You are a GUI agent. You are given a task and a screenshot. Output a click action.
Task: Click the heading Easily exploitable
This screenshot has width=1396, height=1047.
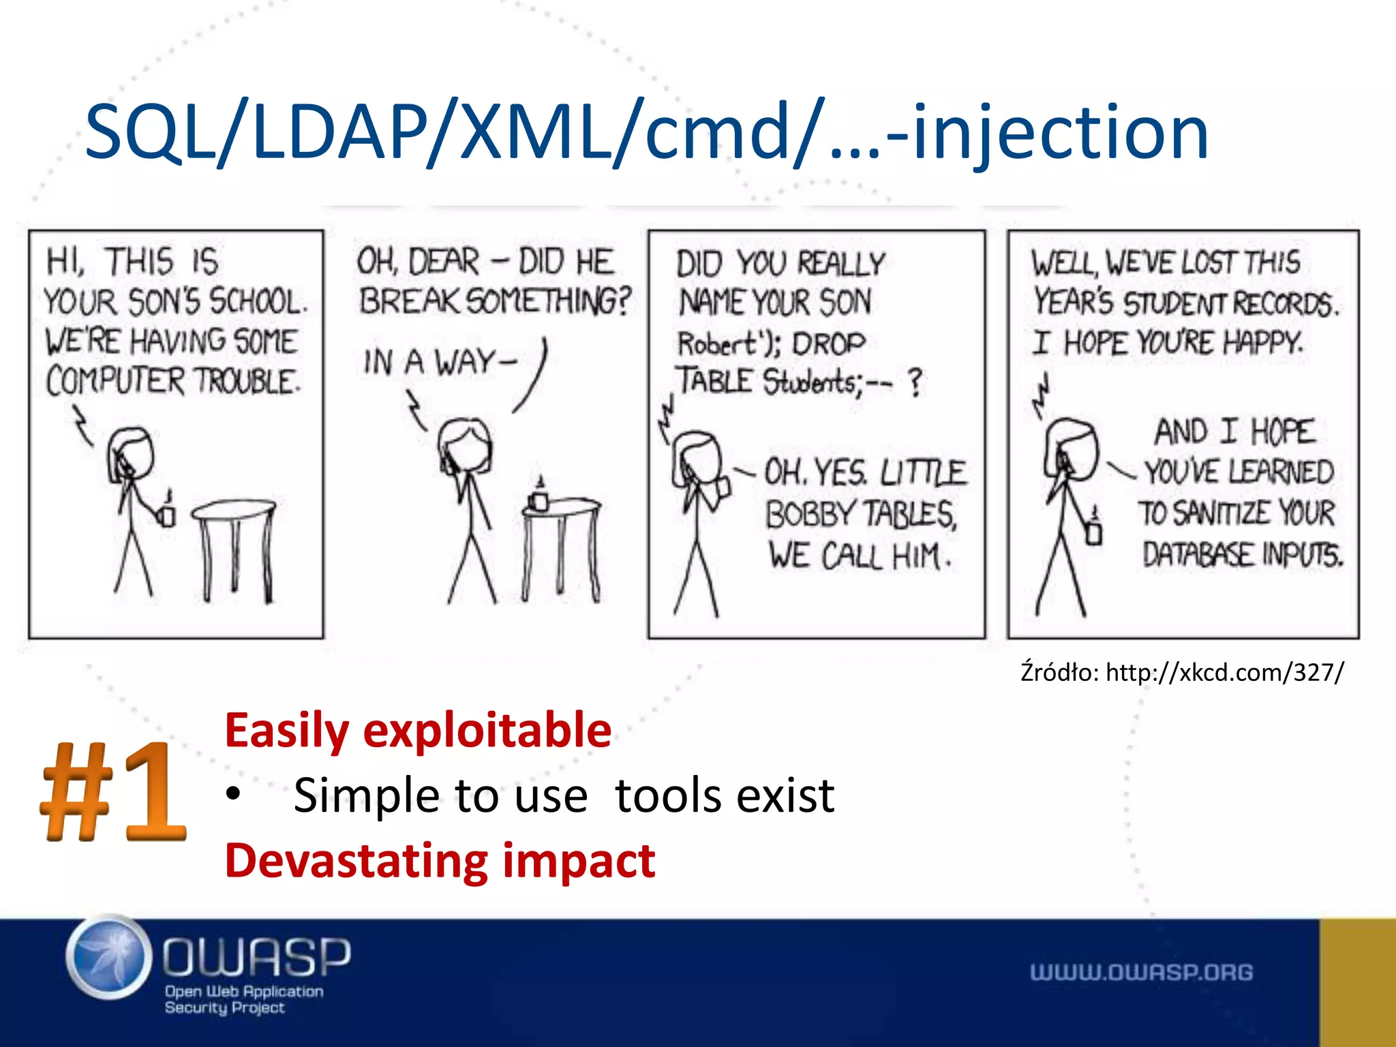pyautogui.click(x=418, y=731)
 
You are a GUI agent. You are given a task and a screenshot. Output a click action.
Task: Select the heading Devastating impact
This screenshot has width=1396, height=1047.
pyautogui.click(x=440, y=861)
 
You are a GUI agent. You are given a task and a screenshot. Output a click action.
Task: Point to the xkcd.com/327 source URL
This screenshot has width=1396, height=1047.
pyautogui.click(x=1224, y=673)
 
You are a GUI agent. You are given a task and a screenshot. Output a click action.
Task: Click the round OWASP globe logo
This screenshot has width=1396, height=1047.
pyautogui.click(x=109, y=957)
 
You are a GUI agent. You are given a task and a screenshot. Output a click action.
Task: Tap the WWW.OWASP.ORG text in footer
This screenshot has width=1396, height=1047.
pyautogui.click(x=1141, y=972)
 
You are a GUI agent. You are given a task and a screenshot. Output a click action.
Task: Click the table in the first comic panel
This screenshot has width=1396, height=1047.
pyautogui.click(x=234, y=538)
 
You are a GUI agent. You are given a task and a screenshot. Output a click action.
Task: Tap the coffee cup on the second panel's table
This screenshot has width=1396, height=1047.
pyautogui.click(x=538, y=499)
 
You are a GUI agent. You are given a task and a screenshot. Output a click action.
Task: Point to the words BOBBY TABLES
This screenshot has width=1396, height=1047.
pyautogui.click(x=860, y=515)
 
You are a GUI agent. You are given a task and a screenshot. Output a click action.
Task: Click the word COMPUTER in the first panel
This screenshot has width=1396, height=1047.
pyautogui.click(x=115, y=381)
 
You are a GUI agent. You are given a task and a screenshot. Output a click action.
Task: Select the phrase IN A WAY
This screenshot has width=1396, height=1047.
pyautogui.click(x=440, y=362)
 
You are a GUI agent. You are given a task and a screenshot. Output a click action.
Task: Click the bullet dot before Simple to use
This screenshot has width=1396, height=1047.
pyautogui.click(x=234, y=795)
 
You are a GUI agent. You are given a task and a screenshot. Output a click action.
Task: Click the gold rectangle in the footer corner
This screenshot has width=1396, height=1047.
pyautogui.click(x=1357, y=982)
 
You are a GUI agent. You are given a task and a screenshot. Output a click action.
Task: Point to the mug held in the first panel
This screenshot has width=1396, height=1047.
pyautogui.click(x=166, y=516)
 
